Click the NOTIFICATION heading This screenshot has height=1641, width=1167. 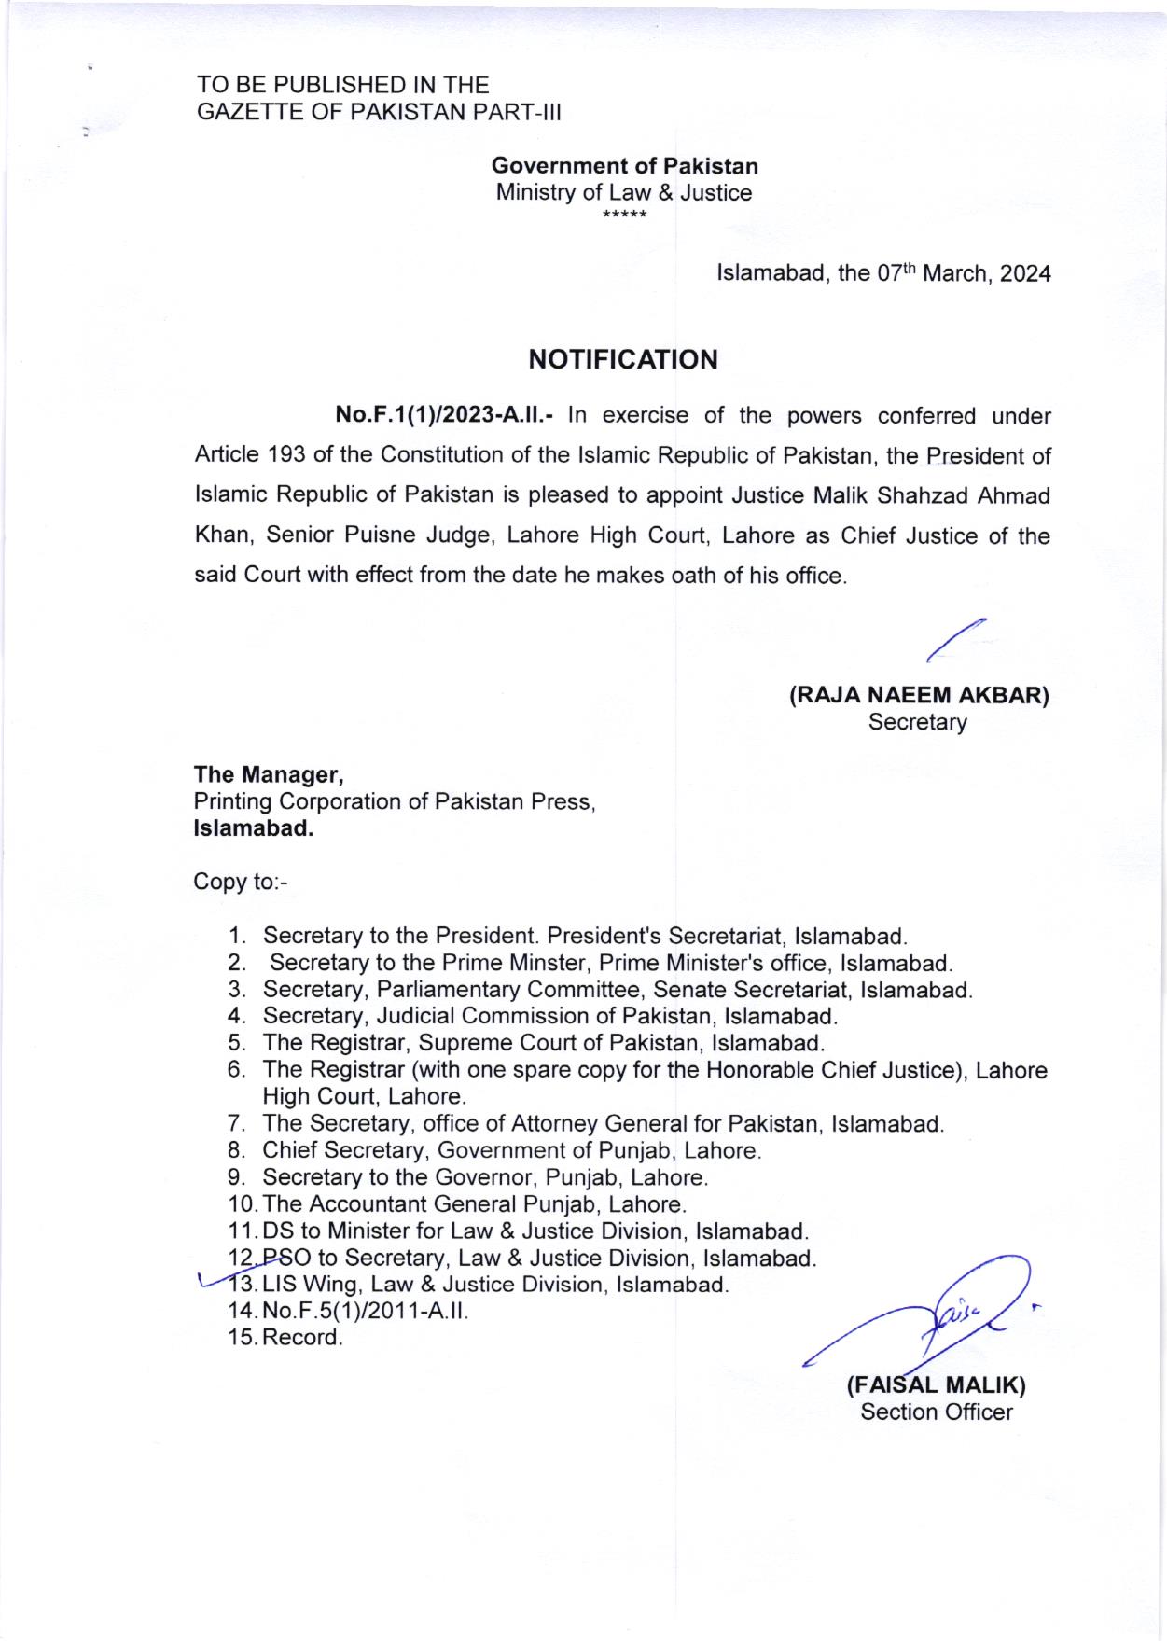(623, 359)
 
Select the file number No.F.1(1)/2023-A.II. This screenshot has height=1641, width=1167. (445, 415)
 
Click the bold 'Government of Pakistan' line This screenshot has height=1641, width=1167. (624, 166)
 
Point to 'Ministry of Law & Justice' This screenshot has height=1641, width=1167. (623, 193)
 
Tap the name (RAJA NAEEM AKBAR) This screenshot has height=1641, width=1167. (919, 696)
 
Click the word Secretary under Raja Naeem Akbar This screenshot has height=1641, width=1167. (917, 721)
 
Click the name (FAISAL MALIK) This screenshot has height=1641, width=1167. (936, 1384)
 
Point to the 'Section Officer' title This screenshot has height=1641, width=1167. (936, 1412)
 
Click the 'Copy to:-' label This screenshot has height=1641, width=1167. (241, 882)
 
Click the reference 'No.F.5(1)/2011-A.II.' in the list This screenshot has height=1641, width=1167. (365, 1311)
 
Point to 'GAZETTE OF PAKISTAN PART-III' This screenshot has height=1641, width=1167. (379, 112)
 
